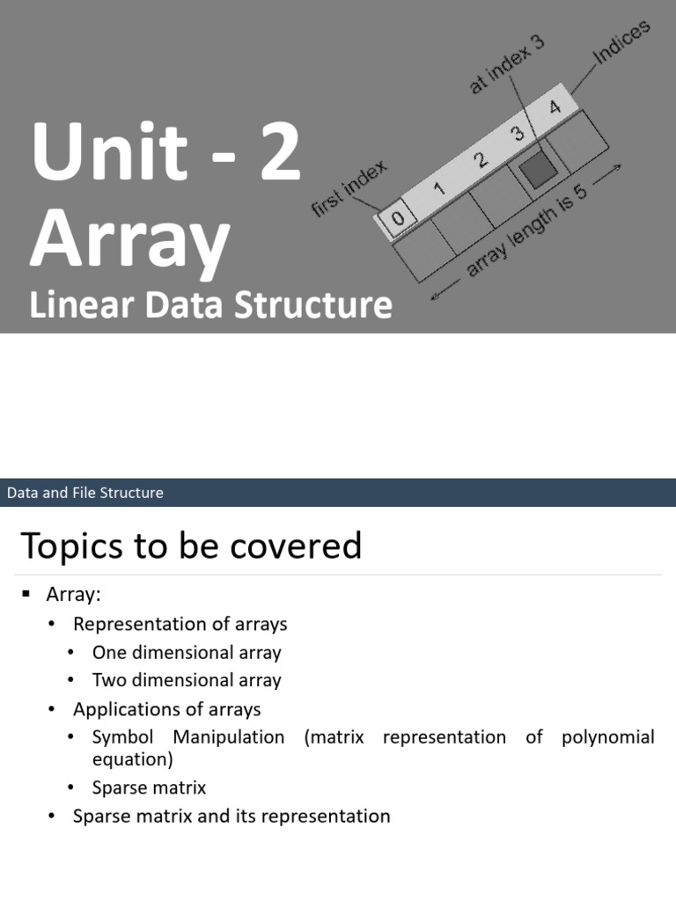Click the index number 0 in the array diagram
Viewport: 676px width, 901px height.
pos(398,218)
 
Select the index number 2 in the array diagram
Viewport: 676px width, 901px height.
pos(481,160)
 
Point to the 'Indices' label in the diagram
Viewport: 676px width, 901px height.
pos(621,42)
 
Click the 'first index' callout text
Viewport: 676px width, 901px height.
pos(349,190)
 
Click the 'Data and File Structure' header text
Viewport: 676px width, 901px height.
pos(85,493)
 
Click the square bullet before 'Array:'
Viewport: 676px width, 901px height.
pos(26,595)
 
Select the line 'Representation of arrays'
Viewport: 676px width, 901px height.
pos(180,624)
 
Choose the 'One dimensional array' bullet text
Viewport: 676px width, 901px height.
pos(187,653)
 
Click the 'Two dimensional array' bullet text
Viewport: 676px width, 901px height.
pos(187,680)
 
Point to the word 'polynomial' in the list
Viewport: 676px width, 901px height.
pos(607,736)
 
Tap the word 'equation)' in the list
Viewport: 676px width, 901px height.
pos(132,758)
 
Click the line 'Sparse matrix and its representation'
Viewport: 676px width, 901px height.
pos(231,816)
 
